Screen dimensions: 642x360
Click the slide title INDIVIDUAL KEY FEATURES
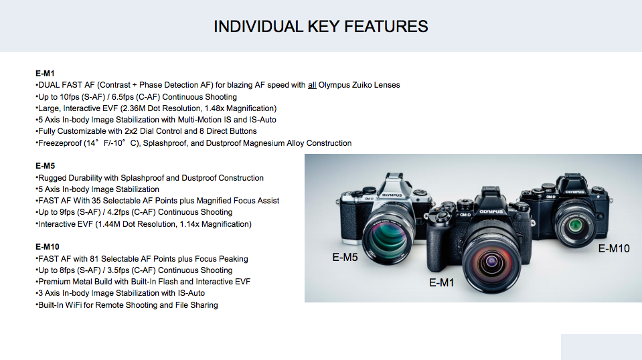pyautogui.click(x=321, y=27)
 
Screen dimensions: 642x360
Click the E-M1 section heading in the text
pyautogui.click(x=45, y=74)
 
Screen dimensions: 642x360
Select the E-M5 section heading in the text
pyautogui.click(x=45, y=166)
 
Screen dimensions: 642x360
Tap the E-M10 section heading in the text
pyautogui.click(x=48, y=247)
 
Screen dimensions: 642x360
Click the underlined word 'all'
pyautogui.click(x=312, y=85)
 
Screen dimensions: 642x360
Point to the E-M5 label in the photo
pyautogui.click(x=345, y=258)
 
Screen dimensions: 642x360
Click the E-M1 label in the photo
pyautogui.click(x=442, y=282)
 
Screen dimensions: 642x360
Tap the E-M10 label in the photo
pyautogui.click(x=614, y=248)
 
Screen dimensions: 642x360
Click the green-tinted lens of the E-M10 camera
pyautogui.click(x=576, y=225)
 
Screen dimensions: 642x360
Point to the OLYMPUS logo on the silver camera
pyautogui.click(x=392, y=195)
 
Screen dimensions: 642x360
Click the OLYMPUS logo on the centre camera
pyautogui.click(x=491, y=212)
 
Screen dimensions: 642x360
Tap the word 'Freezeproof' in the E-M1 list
pyautogui.click(x=60, y=143)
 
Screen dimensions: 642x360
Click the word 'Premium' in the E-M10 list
pyautogui.click(x=54, y=282)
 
